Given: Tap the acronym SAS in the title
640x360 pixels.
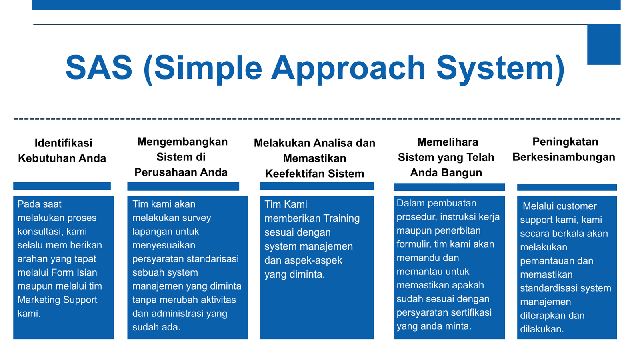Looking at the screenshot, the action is pos(99,68).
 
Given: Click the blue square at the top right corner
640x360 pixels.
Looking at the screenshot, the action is pos(604,44).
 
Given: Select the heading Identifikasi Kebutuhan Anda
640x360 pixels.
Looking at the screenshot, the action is pos(62,150).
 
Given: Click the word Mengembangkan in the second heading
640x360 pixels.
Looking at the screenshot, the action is pos(182,142).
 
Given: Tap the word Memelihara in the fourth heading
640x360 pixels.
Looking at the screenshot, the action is pos(448,142).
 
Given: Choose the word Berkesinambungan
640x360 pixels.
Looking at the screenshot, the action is pos(564,158).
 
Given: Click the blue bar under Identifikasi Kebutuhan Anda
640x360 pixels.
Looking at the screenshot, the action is pos(62,186).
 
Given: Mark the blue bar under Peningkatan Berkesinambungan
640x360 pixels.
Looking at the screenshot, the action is pos(567,188).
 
